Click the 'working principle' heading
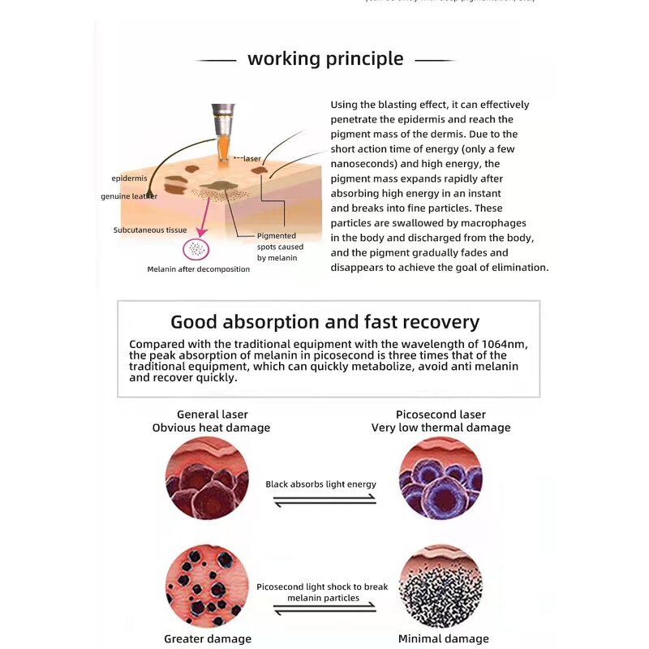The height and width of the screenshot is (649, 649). coord(324,59)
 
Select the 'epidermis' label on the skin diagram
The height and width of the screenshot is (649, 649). coord(129,178)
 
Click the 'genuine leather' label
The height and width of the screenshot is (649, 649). coord(129,196)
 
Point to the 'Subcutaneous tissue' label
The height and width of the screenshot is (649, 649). coord(150,230)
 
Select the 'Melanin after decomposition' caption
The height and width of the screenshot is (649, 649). coord(198,269)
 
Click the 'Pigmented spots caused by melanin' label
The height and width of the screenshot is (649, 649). coord(280,247)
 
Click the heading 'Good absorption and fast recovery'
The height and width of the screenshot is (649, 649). coord(324,322)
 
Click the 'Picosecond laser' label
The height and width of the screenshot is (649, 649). coord(441,415)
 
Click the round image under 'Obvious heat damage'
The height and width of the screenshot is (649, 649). coord(207,478)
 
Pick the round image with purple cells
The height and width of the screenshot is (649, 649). coord(441,478)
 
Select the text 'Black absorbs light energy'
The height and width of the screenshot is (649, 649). coord(320,484)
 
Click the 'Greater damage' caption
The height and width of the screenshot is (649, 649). coord(208,638)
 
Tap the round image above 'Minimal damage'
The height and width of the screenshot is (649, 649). coord(441,587)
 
